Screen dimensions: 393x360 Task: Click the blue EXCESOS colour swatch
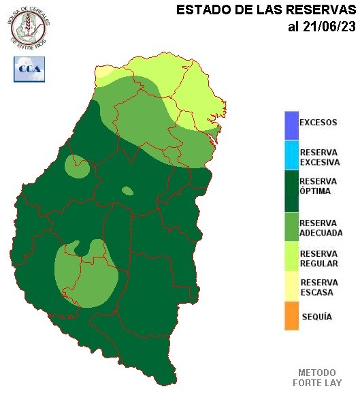tap(292, 124)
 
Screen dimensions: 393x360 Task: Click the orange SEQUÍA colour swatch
tap(292, 317)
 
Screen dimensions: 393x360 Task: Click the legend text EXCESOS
tap(318, 123)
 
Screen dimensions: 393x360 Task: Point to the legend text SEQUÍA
tap(316, 317)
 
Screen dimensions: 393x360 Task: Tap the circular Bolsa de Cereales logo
tap(29, 26)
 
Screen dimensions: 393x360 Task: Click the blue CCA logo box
tap(29, 69)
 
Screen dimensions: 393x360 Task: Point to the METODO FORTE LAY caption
tap(317, 377)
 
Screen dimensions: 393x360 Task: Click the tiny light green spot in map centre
tap(127, 191)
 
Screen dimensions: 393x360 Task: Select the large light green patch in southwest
tap(85, 272)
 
